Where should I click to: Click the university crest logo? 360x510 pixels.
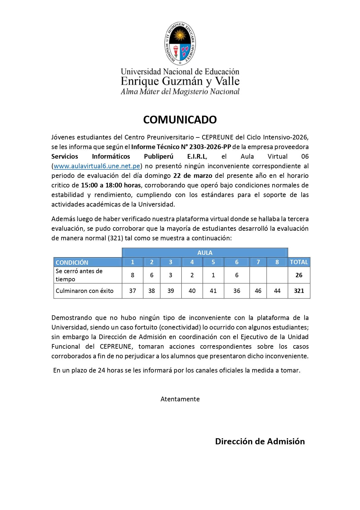coord(180,44)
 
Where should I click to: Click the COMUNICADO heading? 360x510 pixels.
coord(180,120)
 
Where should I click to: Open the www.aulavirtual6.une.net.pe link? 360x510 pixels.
coord(97,166)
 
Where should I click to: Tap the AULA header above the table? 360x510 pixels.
coord(205,253)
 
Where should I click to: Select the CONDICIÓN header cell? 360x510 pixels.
coord(72,262)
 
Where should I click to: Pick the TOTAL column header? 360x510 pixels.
coord(299,262)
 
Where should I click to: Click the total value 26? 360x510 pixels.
coord(299,275)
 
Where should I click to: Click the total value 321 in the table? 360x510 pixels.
coord(299,291)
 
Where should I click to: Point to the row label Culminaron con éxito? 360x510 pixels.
coord(84,291)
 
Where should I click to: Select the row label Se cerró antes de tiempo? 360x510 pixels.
coord(79,275)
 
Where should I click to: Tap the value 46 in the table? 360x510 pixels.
coord(258,291)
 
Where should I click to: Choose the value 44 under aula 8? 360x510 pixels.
coord(277,291)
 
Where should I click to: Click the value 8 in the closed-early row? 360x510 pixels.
coord(132,275)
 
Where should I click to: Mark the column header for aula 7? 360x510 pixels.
coord(258,262)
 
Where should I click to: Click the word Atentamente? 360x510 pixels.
coord(180,399)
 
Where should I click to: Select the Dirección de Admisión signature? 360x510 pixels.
coord(260,441)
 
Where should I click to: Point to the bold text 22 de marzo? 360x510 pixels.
coord(193,176)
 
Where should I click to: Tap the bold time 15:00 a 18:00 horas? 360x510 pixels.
coord(111,185)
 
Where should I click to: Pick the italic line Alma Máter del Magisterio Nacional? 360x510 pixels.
coord(180,92)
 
